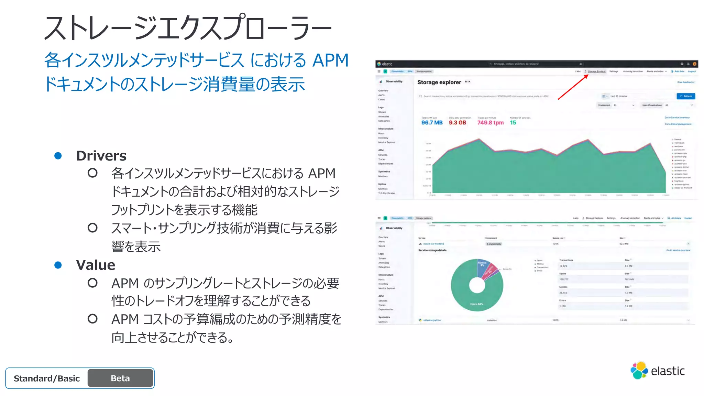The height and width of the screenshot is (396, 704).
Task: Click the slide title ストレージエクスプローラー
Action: (x=188, y=27)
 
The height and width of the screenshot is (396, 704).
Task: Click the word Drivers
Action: (x=101, y=156)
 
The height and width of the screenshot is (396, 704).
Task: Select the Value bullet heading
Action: (x=96, y=265)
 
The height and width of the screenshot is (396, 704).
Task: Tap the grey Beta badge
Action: (x=120, y=378)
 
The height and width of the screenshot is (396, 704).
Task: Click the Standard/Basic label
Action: (x=47, y=378)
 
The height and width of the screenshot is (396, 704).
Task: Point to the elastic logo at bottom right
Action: (x=657, y=371)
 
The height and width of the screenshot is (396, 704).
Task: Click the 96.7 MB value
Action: (x=432, y=123)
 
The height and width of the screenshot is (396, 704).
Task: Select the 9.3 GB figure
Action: (x=457, y=123)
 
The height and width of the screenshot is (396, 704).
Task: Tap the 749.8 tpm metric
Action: (x=490, y=123)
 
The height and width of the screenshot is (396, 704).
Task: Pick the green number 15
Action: (x=513, y=123)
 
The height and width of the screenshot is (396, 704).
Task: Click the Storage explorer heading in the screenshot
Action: (x=439, y=82)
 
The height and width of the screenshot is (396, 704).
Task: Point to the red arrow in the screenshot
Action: (x=573, y=87)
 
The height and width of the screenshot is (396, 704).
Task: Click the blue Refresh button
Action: (x=685, y=96)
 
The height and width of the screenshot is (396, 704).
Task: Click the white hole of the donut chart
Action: (x=477, y=285)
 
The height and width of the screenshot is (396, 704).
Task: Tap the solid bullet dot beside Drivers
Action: (x=58, y=156)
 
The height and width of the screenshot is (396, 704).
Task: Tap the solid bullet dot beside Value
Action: (x=58, y=265)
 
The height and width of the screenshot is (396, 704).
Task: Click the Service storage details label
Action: (x=432, y=250)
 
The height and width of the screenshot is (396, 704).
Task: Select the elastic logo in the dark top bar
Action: (x=385, y=64)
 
